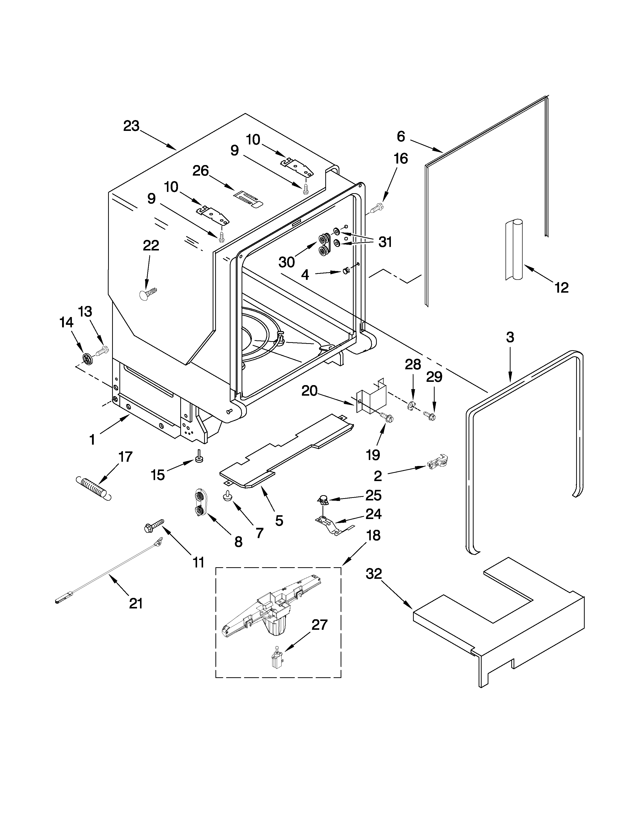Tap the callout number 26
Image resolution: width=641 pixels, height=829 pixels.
click(201, 171)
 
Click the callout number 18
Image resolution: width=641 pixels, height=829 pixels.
click(373, 536)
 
